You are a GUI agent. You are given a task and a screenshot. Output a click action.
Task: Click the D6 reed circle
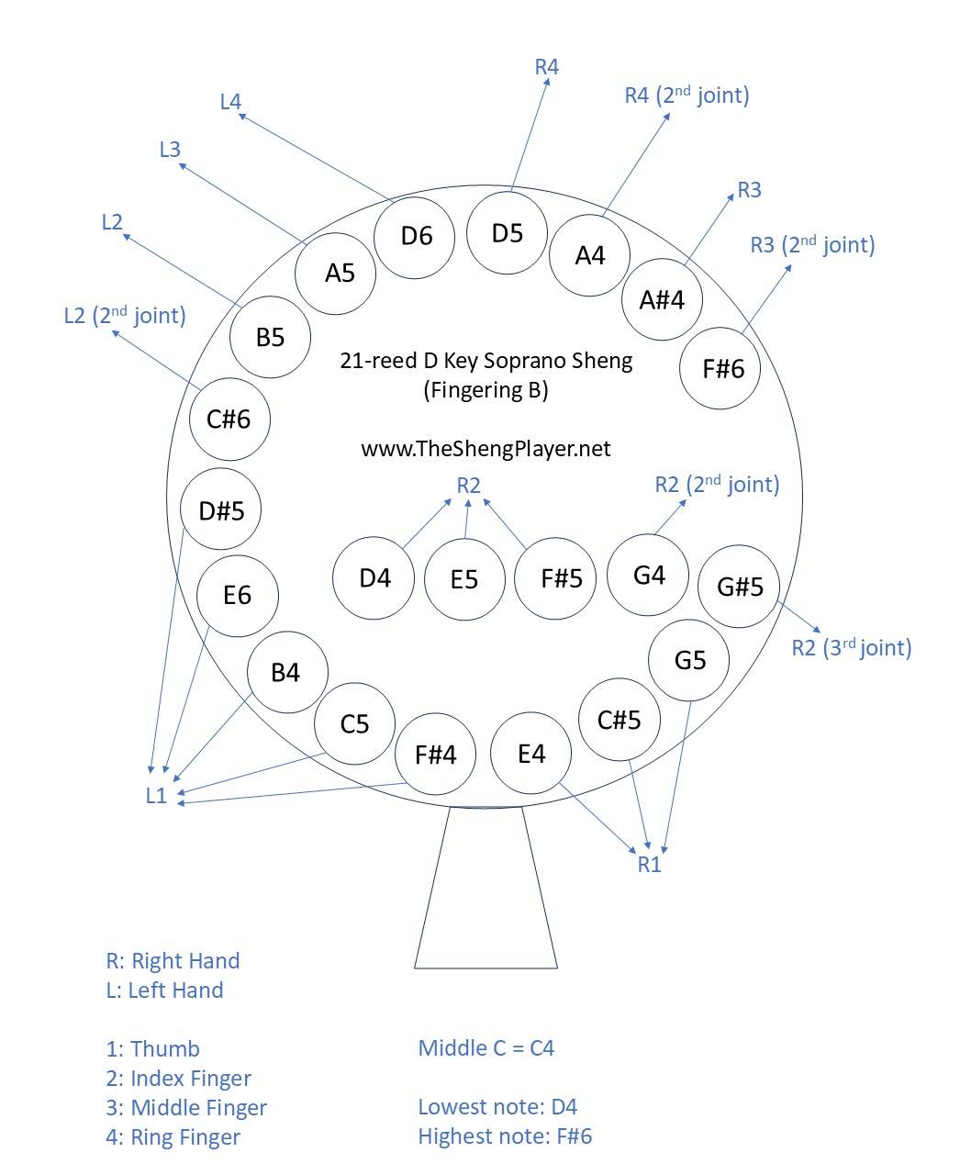[x=416, y=237]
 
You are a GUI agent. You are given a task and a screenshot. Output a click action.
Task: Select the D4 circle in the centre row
[x=374, y=578]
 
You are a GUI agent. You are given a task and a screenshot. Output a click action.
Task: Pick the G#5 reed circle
[x=739, y=587]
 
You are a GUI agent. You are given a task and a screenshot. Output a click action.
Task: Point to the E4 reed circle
[x=531, y=755]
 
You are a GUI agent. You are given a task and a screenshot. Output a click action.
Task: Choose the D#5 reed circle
[x=221, y=510]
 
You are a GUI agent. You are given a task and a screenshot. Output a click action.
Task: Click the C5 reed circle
[x=354, y=724]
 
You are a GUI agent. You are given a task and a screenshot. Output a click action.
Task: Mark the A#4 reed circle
[x=662, y=300]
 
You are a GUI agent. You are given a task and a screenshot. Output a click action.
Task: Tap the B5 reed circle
[x=270, y=338]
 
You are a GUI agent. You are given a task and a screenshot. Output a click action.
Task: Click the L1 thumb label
[x=156, y=796]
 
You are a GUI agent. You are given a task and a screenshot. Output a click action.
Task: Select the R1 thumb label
[x=649, y=865]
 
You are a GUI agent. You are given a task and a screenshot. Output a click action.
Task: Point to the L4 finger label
[x=230, y=102]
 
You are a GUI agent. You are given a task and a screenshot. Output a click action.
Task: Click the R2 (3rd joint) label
[x=851, y=648]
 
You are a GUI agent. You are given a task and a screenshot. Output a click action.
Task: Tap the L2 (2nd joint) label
[x=125, y=316]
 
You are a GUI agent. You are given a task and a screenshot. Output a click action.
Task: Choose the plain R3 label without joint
[x=749, y=190]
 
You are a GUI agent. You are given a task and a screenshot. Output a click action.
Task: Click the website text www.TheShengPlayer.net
[x=485, y=449]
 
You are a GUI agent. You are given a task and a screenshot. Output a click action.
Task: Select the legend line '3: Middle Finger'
[x=186, y=1108]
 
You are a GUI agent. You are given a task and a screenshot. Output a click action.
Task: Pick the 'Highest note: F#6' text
[x=505, y=1136]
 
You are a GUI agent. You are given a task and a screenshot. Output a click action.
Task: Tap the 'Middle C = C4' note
[x=485, y=1048]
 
